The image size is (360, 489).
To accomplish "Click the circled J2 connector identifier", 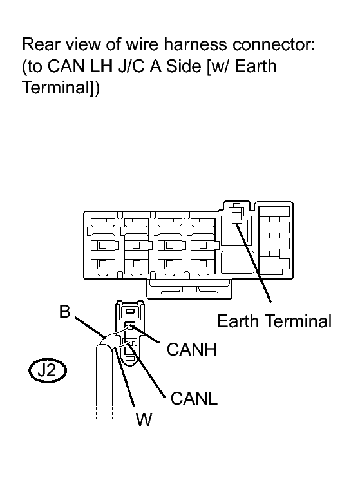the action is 48,371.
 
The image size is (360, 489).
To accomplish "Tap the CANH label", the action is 192,349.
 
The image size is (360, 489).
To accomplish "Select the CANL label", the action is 194,398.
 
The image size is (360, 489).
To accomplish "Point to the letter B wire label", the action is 65,311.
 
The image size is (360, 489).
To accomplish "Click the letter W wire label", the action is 144,419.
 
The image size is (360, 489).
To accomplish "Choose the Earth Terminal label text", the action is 274,321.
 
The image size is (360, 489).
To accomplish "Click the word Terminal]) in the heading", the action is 61,88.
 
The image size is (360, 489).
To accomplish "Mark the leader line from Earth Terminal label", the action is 253,263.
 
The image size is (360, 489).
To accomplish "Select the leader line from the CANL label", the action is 146,370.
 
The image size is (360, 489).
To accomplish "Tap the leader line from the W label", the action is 124,378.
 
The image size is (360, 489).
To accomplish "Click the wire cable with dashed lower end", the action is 104,381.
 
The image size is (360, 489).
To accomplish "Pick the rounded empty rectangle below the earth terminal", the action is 238,262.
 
